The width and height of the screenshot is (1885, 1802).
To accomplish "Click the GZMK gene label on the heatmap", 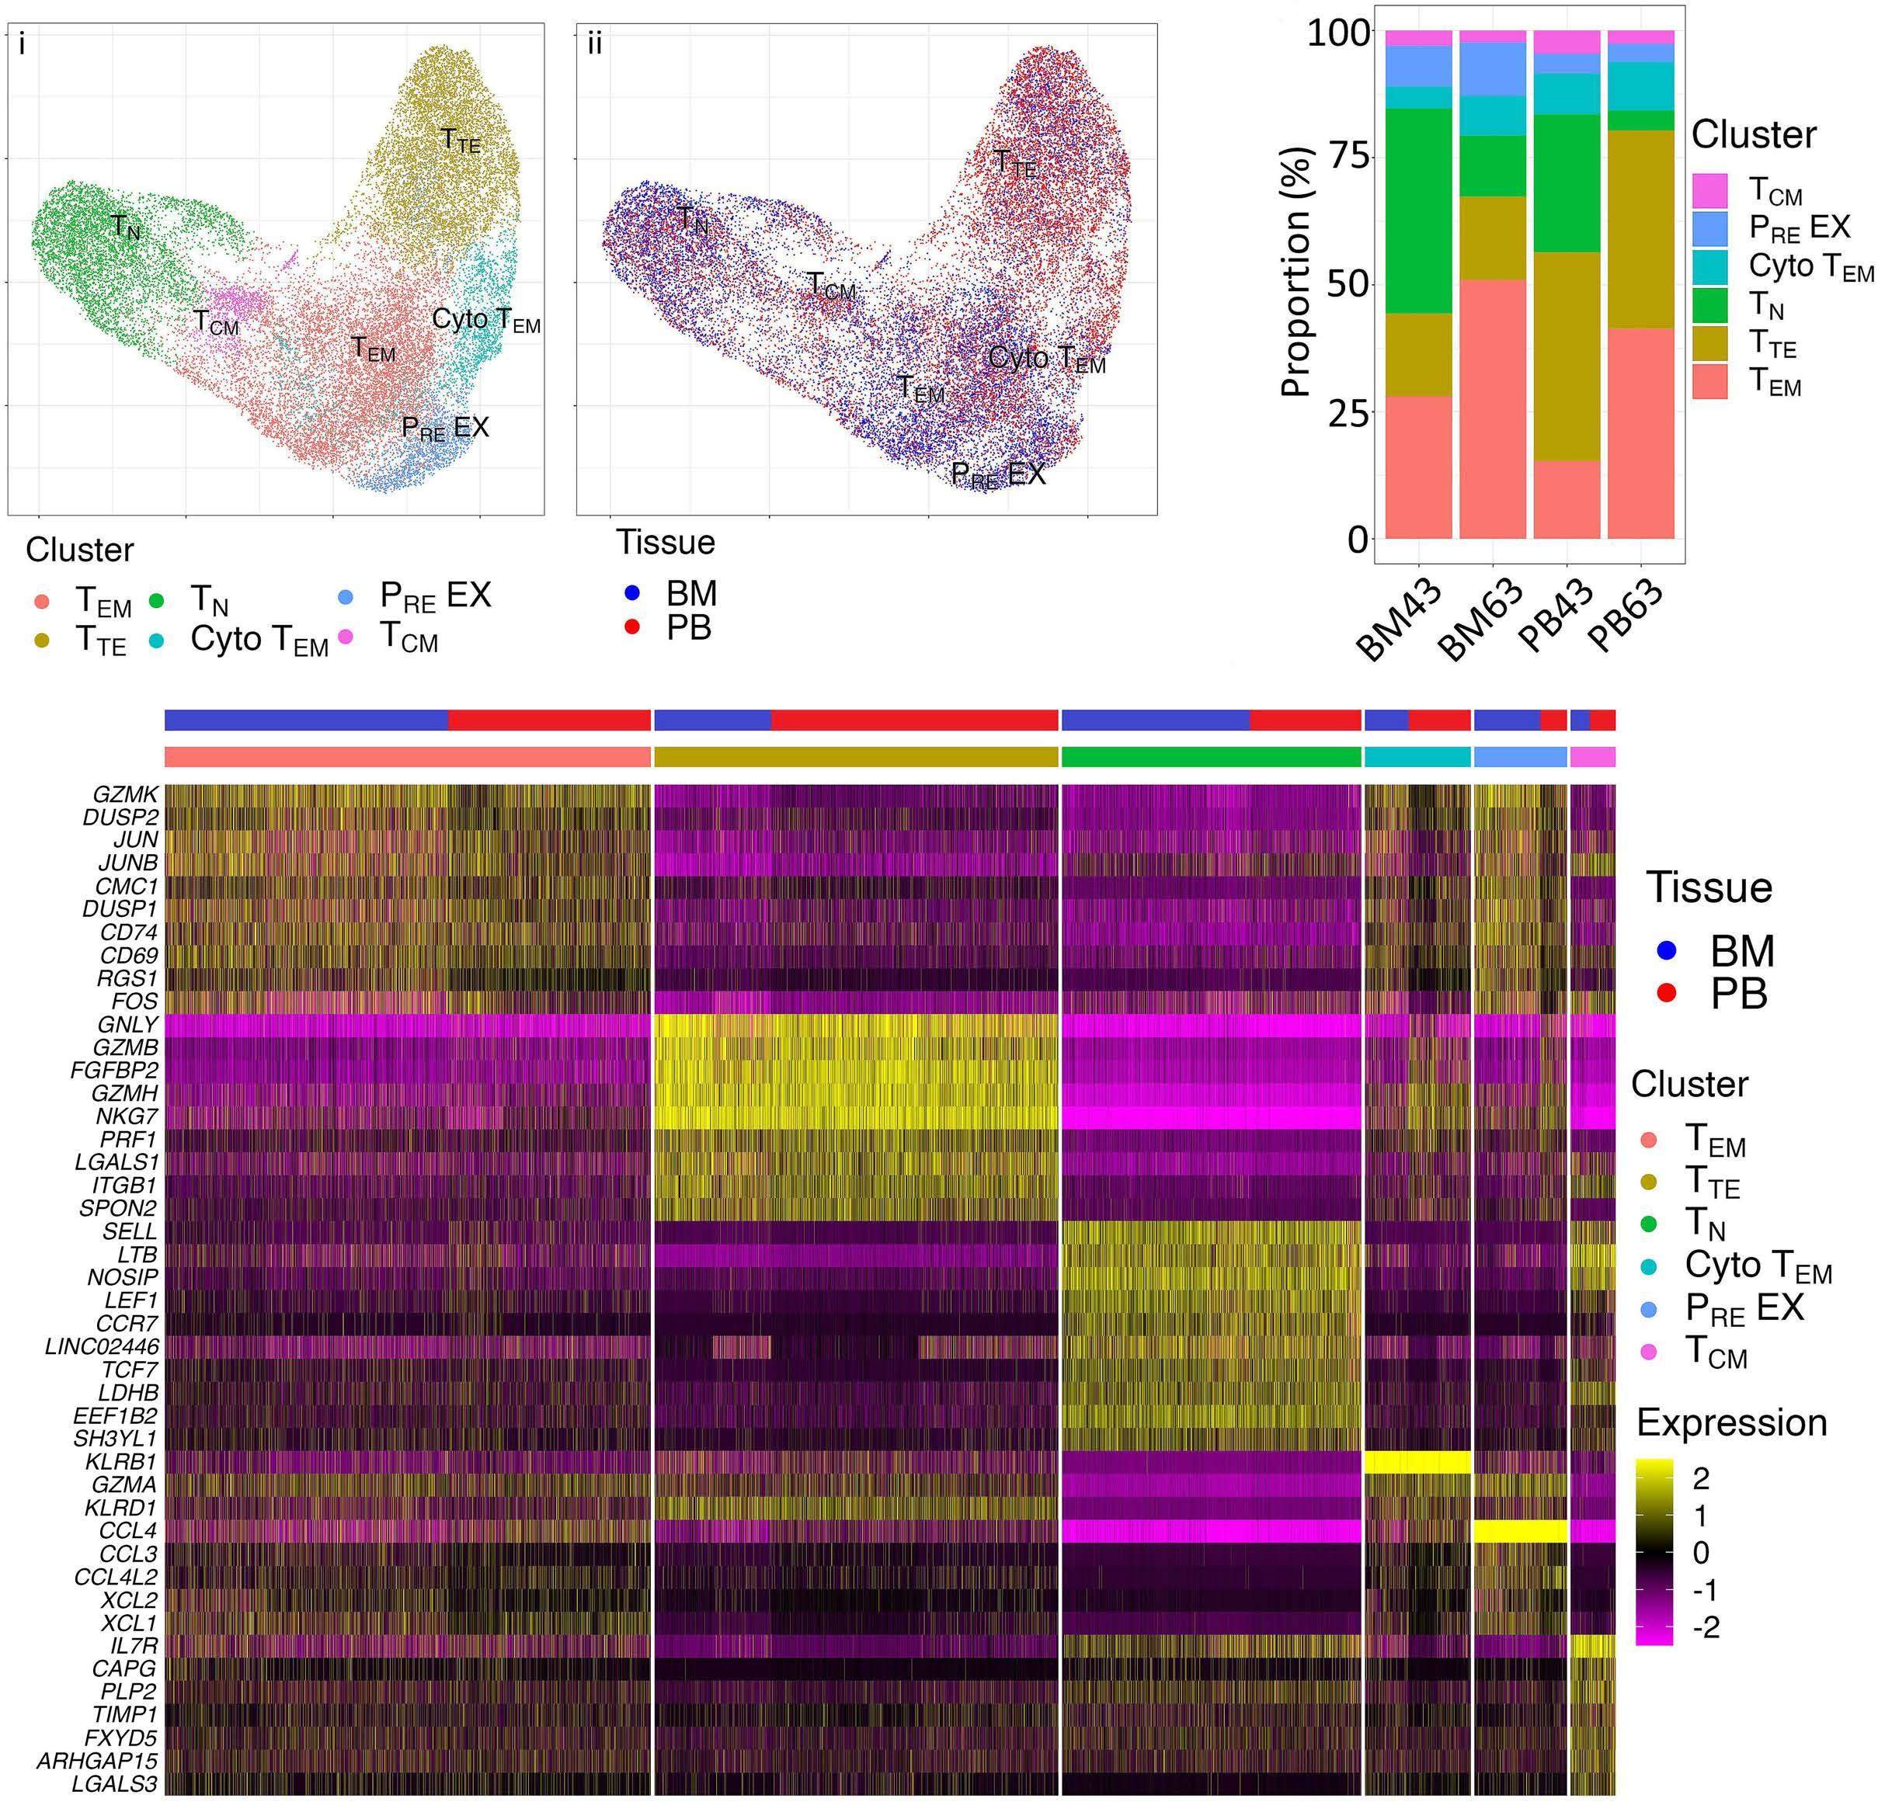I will [125, 794].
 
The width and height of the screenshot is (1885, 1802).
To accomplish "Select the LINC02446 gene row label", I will [101, 1347].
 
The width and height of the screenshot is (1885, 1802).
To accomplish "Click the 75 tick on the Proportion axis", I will [1343, 157].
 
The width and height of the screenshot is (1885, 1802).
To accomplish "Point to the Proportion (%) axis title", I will [1296, 272].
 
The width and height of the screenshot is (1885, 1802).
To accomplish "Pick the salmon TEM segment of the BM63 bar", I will [1492, 408].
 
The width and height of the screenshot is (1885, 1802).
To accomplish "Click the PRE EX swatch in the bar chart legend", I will [1709, 227].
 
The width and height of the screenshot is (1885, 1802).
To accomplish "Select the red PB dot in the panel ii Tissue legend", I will [632, 627].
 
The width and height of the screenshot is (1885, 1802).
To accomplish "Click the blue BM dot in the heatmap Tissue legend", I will [1667, 950].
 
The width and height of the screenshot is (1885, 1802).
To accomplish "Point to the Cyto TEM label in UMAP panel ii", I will [1046, 359].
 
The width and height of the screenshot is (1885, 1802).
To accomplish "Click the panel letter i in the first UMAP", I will [22, 44].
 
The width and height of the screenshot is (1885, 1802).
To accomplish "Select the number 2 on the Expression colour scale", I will [1699, 1479].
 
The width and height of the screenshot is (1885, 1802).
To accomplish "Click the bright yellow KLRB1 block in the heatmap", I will [1417, 1461].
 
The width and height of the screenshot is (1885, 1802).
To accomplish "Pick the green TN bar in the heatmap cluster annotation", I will [1211, 757].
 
